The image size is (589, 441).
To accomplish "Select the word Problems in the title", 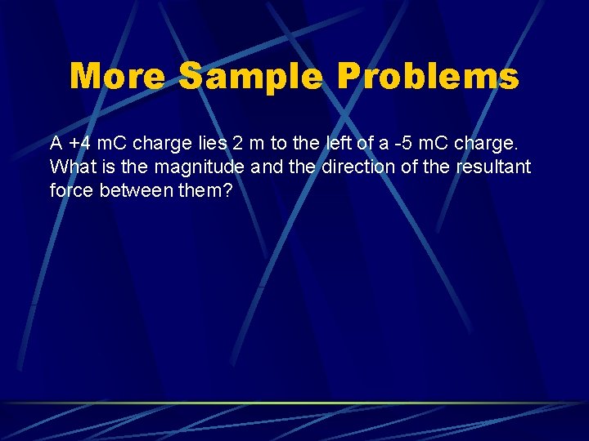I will point(427,77).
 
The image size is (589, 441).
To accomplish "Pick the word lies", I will point(209,144).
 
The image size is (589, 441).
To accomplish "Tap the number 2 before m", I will point(237,144).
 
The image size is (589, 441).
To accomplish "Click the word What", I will point(69,167).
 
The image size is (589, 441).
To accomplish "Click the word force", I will point(70,191).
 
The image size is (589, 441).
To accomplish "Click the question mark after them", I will point(218,191).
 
